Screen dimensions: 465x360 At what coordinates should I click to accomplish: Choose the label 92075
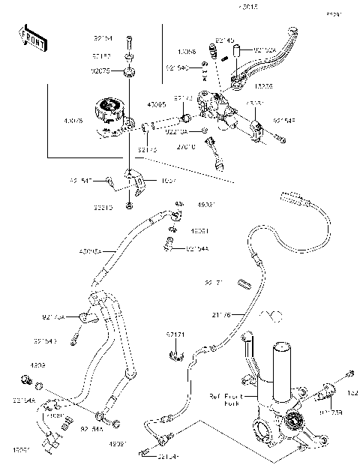tap(101, 71)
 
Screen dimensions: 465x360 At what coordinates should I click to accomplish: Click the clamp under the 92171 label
tap(176, 352)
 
